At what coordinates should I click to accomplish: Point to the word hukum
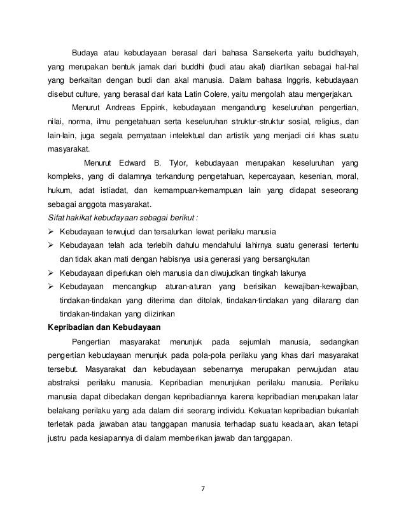pyautogui.click(x=60, y=190)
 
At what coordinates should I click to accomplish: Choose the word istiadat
pyautogui.click(x=120, y=190)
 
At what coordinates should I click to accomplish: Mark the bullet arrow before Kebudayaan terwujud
pyautogui.click(x=53, y=231)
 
